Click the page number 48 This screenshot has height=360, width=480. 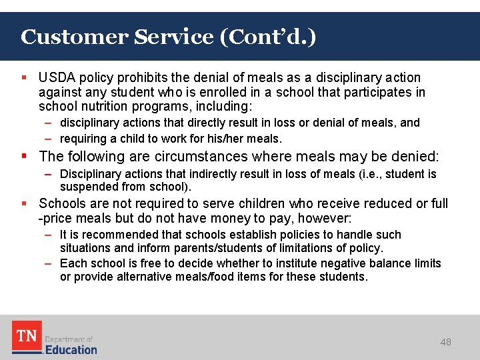[x=445, y=342]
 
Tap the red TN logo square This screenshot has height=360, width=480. [x=27, y=337]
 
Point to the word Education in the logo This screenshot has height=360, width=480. [x=71, y=349]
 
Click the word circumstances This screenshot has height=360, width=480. [x=197, y=157]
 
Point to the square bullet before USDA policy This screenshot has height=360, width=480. [x=24, y=78]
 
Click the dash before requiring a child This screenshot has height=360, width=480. [x=49, y=139]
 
